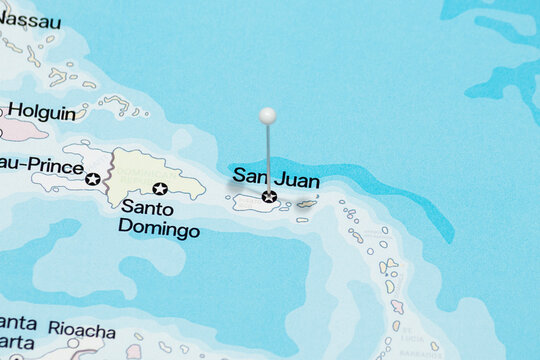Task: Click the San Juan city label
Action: coord(276,179)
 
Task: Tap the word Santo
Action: coord(147,209)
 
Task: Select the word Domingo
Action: coord(158,229)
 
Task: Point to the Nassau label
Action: coord(30,20)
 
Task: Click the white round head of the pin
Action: coord(267,115)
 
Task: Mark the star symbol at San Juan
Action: coord(268,197)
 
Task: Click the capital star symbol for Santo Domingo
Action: coord(160,188)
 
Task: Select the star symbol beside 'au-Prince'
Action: coord(93,179)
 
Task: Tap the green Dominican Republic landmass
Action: coord(150,170)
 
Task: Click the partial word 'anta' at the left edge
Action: coord(18,322)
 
